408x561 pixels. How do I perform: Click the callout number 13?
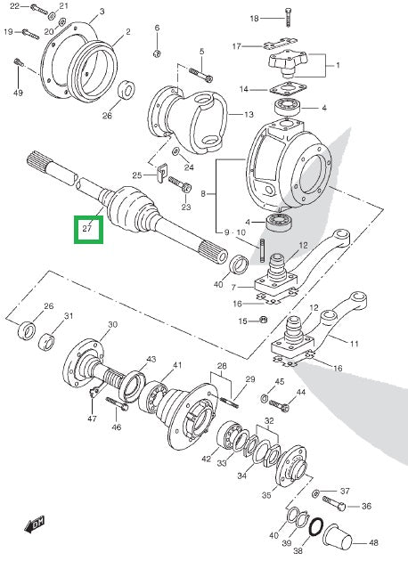(x=249, y=115)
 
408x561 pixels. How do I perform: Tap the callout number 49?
(x=18, y=93)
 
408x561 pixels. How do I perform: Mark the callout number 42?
(x=206, y=459)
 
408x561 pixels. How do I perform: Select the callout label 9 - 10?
(x=239, y=232)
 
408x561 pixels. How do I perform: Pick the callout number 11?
(x=353, y=343)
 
